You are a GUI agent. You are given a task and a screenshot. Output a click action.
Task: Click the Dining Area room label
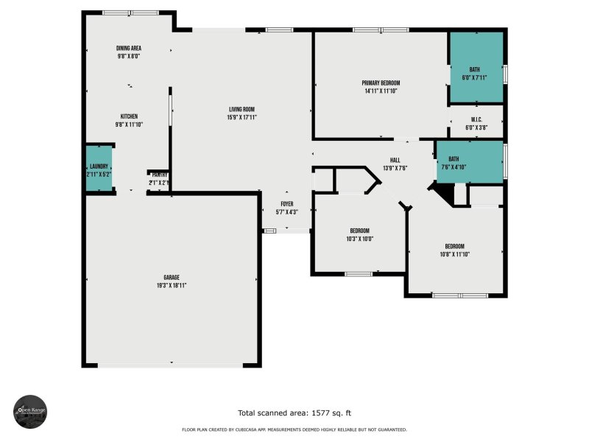click(x=129, y=49)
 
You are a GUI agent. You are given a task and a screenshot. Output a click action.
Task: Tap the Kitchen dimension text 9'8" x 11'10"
click(x=129, y=124)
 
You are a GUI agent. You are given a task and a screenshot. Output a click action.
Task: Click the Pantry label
click(x=158, y=175)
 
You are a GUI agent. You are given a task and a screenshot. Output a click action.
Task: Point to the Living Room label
click(x=241, y=109)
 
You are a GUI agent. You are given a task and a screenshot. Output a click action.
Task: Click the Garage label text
click(x=172, y=278)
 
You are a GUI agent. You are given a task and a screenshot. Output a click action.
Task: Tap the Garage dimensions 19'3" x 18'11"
click(x=172, y=285)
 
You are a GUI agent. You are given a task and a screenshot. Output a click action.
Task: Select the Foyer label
click(x=287, y=204)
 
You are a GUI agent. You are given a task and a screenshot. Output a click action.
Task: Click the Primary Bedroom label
click(x=380, y=83)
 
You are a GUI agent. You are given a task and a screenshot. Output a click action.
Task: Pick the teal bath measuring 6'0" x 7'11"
click(x=476, y=68)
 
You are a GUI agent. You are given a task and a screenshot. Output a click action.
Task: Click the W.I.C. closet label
click(x=476, y=119)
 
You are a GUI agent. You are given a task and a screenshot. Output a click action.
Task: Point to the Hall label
click(x=395, y=160)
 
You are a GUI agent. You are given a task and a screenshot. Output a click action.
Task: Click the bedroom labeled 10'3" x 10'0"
click(x=360, y=234)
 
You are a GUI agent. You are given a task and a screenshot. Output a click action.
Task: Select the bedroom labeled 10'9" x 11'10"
click(x=454, y=250)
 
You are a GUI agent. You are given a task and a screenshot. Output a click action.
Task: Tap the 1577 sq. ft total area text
click(x=300, y=413)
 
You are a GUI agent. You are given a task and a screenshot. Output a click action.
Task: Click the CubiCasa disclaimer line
click(x=294, y=429)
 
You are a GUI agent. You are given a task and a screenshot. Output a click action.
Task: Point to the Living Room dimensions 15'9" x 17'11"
click(x=241, y=117)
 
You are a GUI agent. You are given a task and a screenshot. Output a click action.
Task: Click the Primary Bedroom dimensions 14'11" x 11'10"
click(x=380, y=91)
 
